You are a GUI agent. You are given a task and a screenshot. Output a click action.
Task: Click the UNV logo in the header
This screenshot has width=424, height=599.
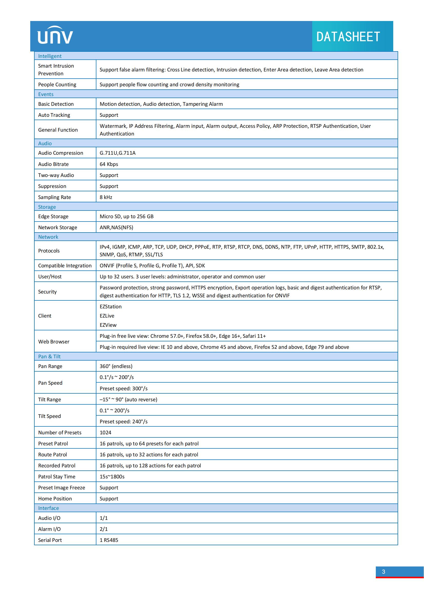coord(55,36)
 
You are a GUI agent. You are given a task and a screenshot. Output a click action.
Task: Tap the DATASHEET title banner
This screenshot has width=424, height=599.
coord(348,37)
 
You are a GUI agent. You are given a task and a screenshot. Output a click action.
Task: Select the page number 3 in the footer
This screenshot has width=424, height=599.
coord(383,572)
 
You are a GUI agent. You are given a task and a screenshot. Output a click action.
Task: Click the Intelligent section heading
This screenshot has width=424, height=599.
coord(50,56)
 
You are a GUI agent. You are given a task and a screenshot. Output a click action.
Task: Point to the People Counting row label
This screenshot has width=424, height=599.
coord(57,85)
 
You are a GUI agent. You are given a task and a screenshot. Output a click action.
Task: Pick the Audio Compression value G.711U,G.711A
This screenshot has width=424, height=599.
coord(117,153)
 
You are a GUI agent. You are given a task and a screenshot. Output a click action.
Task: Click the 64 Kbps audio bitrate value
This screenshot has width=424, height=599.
coord(109,164)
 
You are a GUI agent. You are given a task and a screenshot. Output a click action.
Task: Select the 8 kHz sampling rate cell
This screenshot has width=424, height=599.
coord(106,197)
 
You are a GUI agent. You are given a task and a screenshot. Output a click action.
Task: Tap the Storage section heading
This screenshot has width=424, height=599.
coord(47,207)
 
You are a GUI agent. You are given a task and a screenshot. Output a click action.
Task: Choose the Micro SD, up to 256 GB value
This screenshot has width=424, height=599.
coord(127,216)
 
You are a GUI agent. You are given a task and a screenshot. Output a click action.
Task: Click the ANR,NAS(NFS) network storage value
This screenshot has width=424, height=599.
coord(116,227)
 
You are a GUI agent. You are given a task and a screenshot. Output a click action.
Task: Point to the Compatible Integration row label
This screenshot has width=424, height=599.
coord(65,266)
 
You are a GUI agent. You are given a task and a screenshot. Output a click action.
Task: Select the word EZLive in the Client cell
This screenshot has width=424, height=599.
coord(107,316)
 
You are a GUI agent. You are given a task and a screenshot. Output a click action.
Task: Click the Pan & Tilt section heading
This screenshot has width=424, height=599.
coord(49,356)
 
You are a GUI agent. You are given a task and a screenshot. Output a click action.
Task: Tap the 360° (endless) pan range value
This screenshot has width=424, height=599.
coord(116,366)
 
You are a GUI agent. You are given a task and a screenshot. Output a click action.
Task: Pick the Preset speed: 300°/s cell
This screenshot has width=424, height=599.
coord(124,388)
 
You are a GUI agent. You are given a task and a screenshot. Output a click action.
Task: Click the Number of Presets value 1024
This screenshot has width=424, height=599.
coord(105,433)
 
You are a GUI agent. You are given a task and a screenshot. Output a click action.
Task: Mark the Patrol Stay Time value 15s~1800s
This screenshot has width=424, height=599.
coord(112,477)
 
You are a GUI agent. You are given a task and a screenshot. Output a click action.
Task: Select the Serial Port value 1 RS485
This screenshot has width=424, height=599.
coord(109,540)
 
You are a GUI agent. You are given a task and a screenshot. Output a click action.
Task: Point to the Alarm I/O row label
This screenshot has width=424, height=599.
coord(49,529)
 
